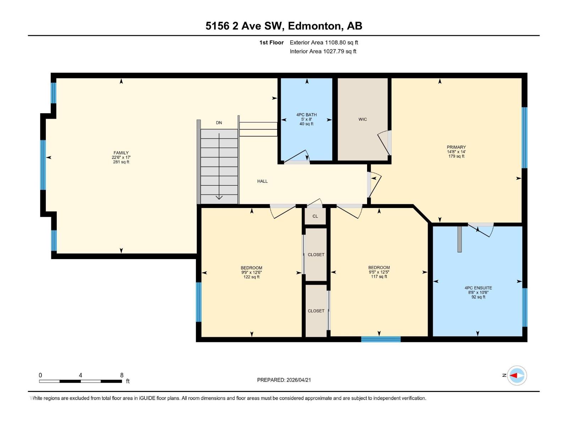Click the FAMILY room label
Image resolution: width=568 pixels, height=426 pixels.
click(x=121, y=153)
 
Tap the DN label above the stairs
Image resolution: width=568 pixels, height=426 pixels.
click(x=219, y=123)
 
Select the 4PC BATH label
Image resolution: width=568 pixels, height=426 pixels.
click(x=306, y=115)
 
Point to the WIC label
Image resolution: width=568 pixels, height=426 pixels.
click(x=362, y=119)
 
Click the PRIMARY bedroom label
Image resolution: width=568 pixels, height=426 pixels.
click(x=456, y=147)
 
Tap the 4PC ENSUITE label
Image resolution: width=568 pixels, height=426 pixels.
click(x=478, y=288)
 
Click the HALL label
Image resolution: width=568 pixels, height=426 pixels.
click(x=262, y=181)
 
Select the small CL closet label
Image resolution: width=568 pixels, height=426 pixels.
click(x=315, y=216)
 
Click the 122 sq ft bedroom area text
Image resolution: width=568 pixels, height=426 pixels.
click(x=251, y=277)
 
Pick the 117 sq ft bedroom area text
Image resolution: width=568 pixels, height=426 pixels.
click(x=379, y=277)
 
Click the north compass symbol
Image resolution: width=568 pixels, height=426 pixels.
click(x=517, y=375)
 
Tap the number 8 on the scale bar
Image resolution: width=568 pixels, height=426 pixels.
click(x=122, y=375)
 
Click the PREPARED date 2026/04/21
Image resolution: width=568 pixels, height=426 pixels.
click(x=298, y=380)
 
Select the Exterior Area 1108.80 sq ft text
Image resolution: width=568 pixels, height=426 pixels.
click(x=324, y=43)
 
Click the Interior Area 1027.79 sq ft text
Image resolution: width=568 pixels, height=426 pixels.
click(x=323, y=51)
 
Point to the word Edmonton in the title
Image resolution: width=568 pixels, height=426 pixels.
click(x=315, y=26)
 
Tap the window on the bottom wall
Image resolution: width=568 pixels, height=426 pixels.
click(x=381, y=339)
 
